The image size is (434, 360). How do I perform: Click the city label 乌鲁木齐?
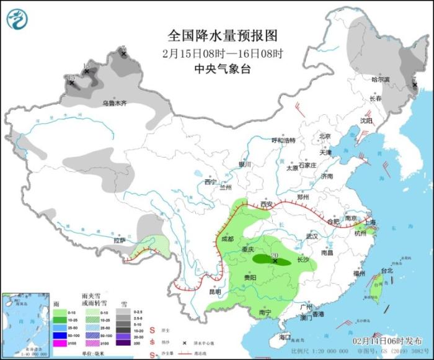(114, 102)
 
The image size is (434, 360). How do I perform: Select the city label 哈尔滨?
(380, 79)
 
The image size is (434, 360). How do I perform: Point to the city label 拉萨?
(120, 240)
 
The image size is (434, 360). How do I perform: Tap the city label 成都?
(227, 238)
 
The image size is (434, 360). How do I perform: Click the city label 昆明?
(213, 291)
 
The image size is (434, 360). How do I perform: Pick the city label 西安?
(267, 204)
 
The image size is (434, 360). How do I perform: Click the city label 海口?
(284, 337)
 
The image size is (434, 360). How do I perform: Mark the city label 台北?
(387, 271)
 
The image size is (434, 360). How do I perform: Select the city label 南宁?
(265, 313)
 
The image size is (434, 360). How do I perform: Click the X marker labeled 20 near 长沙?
(275, 261)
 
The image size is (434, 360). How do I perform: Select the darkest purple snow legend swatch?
(126, 343)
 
